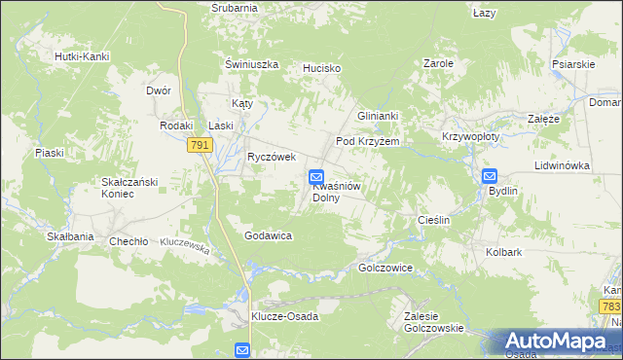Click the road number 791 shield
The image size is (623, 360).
coord(200,145)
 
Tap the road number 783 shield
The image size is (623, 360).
coord(610,306)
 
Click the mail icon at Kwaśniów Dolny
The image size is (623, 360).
coord(316,177)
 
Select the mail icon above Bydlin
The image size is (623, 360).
coord(490,177)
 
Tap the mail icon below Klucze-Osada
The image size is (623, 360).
coord(242,350)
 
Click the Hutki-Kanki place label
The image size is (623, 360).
coord(82,56)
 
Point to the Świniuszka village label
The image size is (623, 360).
coord(251,64)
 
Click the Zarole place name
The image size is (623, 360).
coord(438,63)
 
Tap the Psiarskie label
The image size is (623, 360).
coord(573,64)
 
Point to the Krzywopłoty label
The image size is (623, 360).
coord(470,137)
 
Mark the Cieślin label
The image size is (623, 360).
coord(433,220)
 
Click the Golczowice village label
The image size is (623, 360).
coord(386,268)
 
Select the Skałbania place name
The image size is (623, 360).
coord(70,236)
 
